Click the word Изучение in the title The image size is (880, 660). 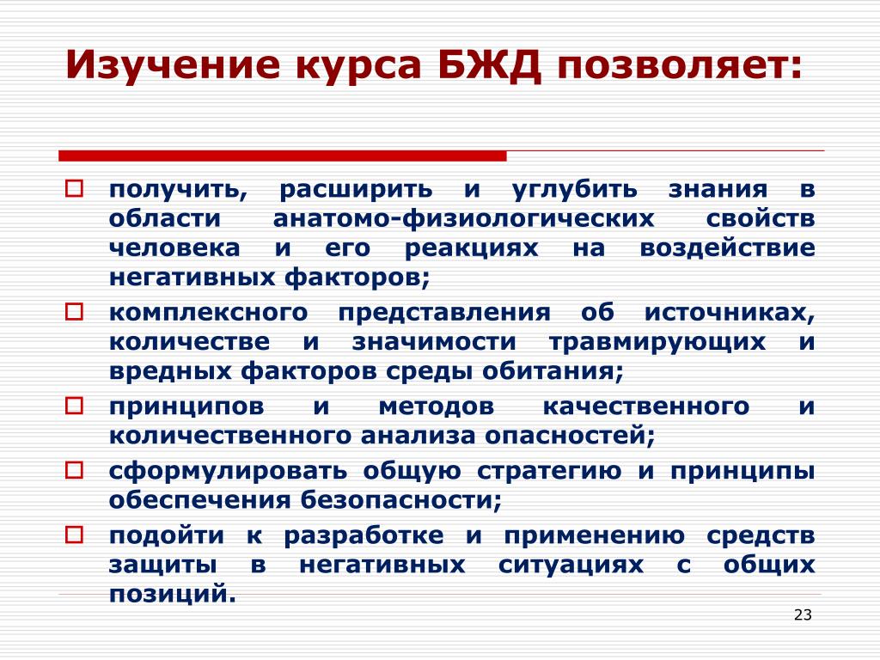coord(172,65)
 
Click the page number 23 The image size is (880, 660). coord(804,615)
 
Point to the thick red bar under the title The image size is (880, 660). coord(282,156)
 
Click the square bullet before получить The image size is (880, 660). coord(74,188)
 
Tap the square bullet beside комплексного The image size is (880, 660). coord(74,311)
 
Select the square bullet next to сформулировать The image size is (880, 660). coord(74,470)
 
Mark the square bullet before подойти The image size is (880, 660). coord(74,535)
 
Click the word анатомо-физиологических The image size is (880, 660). coord(463,218)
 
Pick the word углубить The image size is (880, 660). coord(575,189)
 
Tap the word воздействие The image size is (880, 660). coord(727,247)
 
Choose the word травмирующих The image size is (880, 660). coord(657,342)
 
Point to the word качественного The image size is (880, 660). coord(646,406)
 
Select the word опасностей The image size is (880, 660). coord(570,436)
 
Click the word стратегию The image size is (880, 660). coord(549,471)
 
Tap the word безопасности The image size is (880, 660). coord(401,499)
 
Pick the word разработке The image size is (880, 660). coord(364,535)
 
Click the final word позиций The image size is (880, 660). coord(173,595)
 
